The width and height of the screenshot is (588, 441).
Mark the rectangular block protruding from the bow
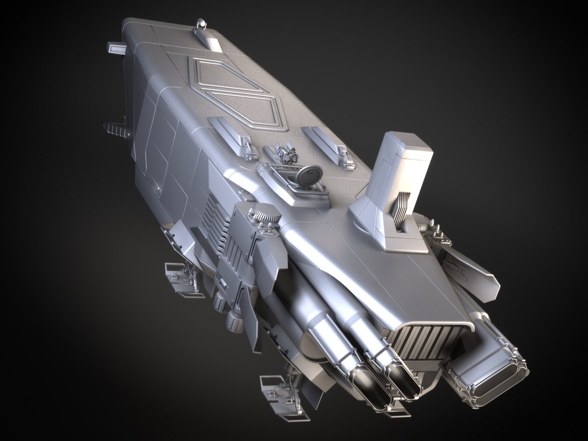117,48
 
